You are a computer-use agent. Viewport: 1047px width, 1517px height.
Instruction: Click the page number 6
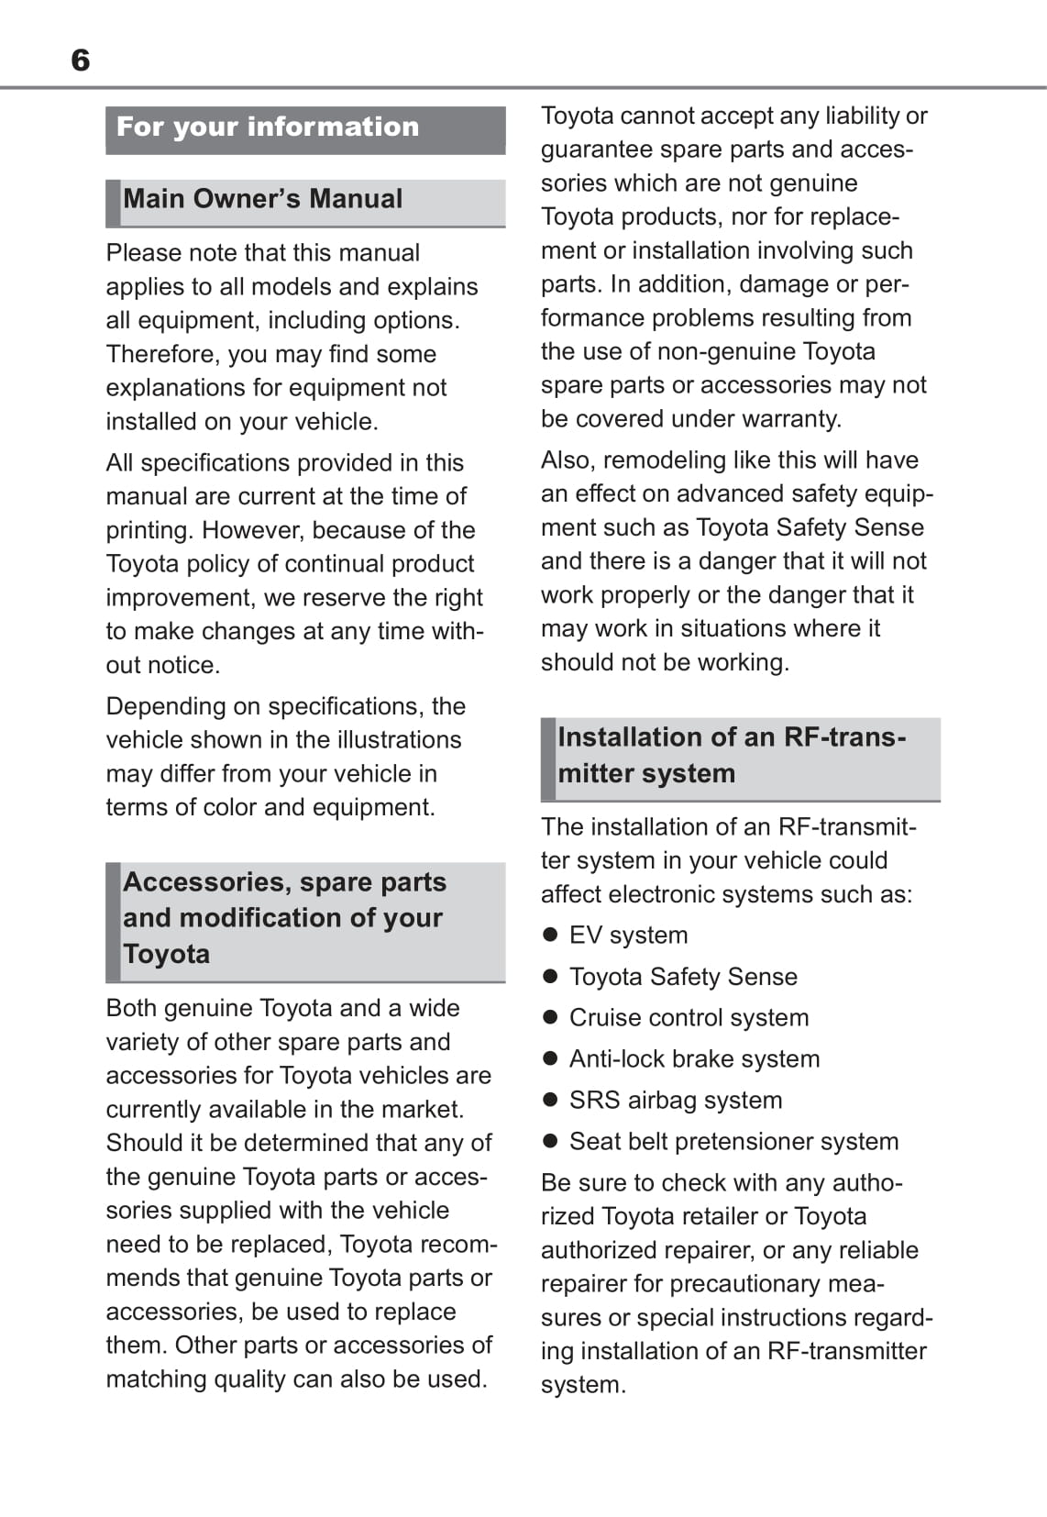click(x=81, y=61)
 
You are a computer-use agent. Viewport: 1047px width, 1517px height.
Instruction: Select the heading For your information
click(x=268, y=127)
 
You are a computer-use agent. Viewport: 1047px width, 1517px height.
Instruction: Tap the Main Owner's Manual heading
click(x=263, y=199)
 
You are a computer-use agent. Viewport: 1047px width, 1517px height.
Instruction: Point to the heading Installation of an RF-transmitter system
click(x=732, y=755)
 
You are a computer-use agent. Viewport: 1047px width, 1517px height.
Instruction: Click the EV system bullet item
click(x=628, y=936)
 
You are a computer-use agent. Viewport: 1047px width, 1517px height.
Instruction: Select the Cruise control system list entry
click(x=689, y=1018)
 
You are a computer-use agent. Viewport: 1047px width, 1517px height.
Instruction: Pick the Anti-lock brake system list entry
click(x=694, y=1059)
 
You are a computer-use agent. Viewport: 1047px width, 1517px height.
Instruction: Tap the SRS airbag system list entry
click(x=676, y=1101)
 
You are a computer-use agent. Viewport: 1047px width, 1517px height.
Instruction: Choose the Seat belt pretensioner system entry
click(x=733, y=1142)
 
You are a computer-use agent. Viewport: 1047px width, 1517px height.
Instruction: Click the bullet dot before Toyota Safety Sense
click(x=550, y=977)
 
